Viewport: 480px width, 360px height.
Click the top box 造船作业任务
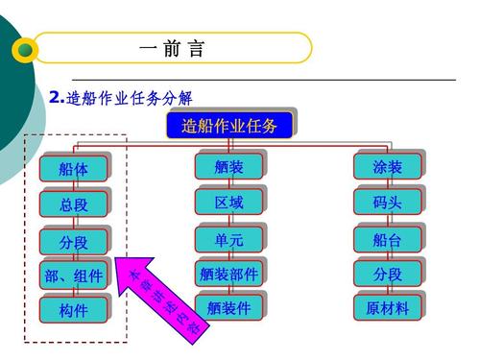point(229,125)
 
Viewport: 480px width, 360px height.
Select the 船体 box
point(74,169)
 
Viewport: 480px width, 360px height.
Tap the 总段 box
point(74,204)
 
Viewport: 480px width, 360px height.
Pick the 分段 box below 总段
point(74,241)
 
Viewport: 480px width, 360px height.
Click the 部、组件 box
point(74,276)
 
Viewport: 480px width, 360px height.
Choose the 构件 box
point(74,310)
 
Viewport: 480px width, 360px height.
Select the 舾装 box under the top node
point(228,166)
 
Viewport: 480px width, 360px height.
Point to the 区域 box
point(228,202)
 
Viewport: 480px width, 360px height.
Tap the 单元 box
point(228,239)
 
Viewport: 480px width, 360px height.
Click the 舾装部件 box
point(228,274)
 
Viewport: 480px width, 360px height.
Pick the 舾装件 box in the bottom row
point(228,307)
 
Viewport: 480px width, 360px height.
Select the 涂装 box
point(387,166)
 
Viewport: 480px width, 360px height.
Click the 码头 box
point(387,202)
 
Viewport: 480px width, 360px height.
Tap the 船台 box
point(387,239)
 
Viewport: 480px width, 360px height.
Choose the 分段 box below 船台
point(387,274)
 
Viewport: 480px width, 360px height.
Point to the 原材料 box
point(387,307)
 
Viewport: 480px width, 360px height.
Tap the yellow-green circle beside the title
point(27,50)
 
